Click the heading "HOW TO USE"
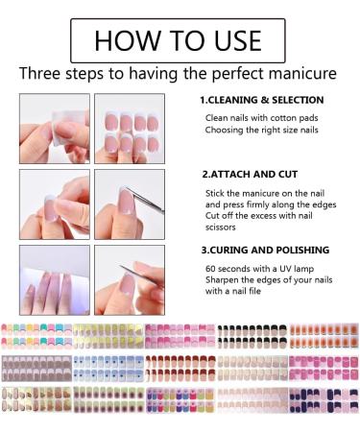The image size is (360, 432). [178, 40]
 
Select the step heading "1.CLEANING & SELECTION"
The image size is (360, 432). [262, 100]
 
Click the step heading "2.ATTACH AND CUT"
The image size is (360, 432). [250, 175]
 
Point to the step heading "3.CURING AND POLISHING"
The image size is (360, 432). [265, 250]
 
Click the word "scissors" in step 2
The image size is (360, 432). [221, 228]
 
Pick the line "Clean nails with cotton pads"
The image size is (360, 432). [262, 118]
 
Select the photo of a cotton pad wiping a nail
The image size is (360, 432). [55, 129]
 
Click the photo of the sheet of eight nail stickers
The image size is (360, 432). [130, 129]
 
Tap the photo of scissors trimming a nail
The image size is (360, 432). [130, 204]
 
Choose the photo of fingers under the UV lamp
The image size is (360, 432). [55, 280]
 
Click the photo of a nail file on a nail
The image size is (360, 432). [130, 280]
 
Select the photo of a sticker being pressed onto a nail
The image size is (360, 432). [55, 204]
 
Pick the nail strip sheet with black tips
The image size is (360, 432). [252, 336]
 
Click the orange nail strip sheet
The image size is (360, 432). [324, 336]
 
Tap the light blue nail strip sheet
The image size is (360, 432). [108, 369]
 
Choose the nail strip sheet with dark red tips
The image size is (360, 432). [180, 369]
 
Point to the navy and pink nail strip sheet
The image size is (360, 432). [324, 400]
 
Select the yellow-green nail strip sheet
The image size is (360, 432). [108, 336]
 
